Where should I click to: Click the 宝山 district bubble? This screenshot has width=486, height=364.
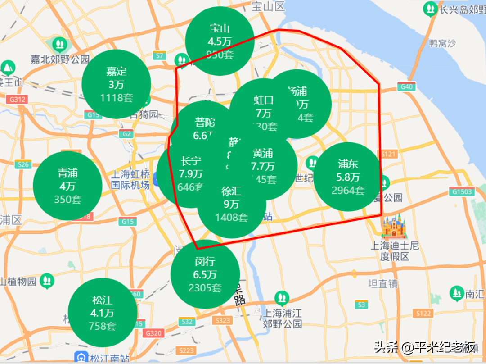point(220,41)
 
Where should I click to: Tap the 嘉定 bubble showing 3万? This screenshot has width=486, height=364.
point(116,84)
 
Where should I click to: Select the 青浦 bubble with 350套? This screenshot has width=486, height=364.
point(67,186)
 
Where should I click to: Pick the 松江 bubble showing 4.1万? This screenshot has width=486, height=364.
point(103,313)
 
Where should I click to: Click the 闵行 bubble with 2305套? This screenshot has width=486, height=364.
point(205,274)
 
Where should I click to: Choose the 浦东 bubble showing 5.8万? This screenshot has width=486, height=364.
point(348,177)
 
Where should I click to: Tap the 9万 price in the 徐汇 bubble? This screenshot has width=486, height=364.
point(231,204)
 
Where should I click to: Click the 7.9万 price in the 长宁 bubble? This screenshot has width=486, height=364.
point(191,173)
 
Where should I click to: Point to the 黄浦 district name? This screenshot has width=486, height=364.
point(263,153)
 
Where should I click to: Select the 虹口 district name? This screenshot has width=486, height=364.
point(264,100)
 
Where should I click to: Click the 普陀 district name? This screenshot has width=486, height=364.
point(205,122)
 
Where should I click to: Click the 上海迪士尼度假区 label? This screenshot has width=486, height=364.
point(395,251)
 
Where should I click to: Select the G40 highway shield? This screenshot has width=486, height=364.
point(406,87)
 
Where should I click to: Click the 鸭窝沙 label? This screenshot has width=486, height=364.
point(442,43)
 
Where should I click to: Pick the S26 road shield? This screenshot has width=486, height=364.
point(23,164)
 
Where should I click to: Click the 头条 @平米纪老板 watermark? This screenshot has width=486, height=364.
point(424,347)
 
